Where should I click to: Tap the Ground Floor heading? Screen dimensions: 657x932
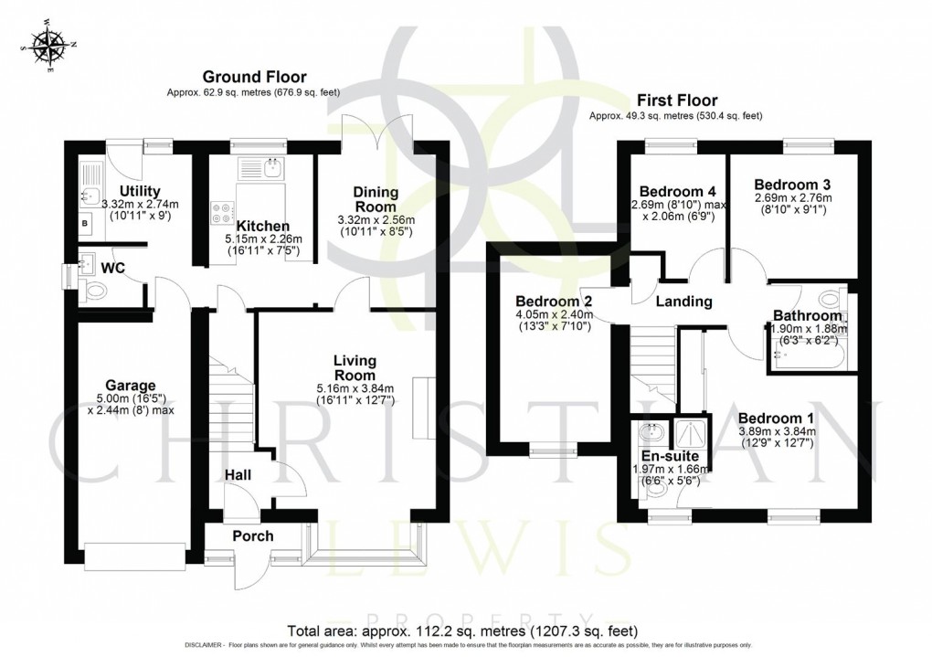pyautogui.click(x=254, y=77)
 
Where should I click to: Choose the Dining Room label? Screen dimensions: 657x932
pyautogui.click(x=376, y=199)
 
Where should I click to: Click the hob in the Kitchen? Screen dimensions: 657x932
pyautogui.click(x=220, y=213)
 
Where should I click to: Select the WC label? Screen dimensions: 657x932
pyautogui.click(x=113, y=268)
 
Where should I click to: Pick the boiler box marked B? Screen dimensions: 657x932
pyautogui.click(x=86, y=222)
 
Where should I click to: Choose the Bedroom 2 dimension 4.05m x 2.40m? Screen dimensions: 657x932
pyautogui.click(x=554, y=316)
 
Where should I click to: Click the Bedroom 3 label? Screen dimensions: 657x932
pyautogui.click(x=793, y=184)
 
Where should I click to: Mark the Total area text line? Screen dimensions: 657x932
pyautogui.click(x=462, y=631)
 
